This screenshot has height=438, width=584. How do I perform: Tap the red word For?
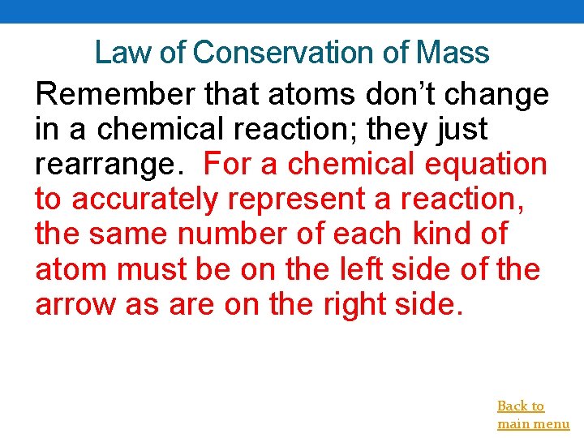point(231,164)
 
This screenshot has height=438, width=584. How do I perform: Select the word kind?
point(444,234)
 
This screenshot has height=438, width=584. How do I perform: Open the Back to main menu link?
point(532,414)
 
